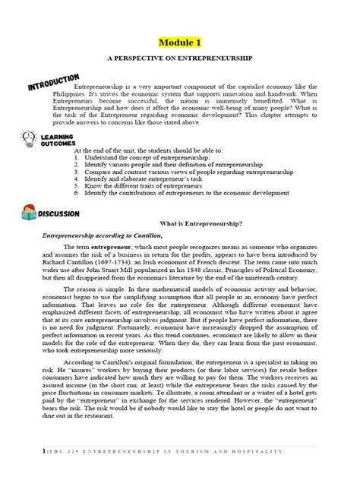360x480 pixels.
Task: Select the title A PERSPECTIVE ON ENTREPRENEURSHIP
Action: [x=180, y=58]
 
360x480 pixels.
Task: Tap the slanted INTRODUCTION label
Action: [x=54, y=81]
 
